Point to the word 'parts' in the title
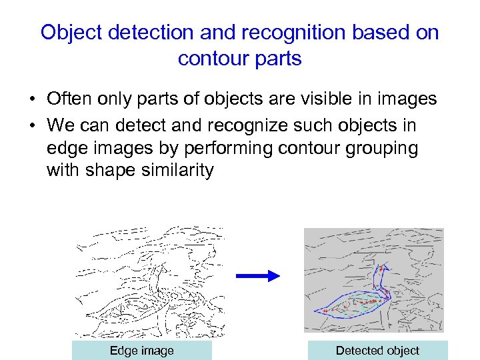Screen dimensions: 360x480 coord(276,59)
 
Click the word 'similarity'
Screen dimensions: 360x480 coord(179,171)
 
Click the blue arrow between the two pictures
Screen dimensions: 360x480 coord(258,276)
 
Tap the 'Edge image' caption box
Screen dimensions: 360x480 coord(141,351)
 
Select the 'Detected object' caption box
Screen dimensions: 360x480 coord(377,351)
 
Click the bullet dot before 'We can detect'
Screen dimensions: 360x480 coord(32,126)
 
